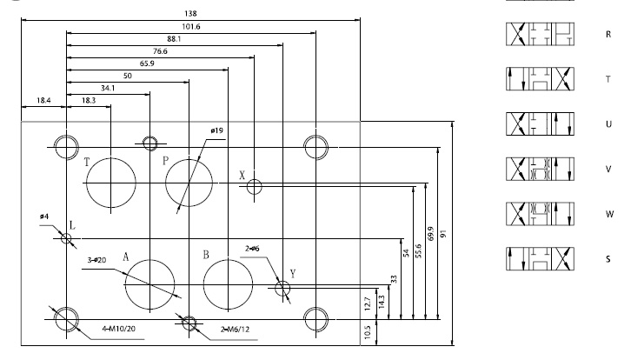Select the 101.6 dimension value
point(189,27)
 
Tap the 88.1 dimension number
point(174,38)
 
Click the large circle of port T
point(110,183)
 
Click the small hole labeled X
point(254,186)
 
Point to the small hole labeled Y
point(282,288)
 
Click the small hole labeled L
point(66,237)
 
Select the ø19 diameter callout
point(216,131)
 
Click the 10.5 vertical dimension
point(368,332)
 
